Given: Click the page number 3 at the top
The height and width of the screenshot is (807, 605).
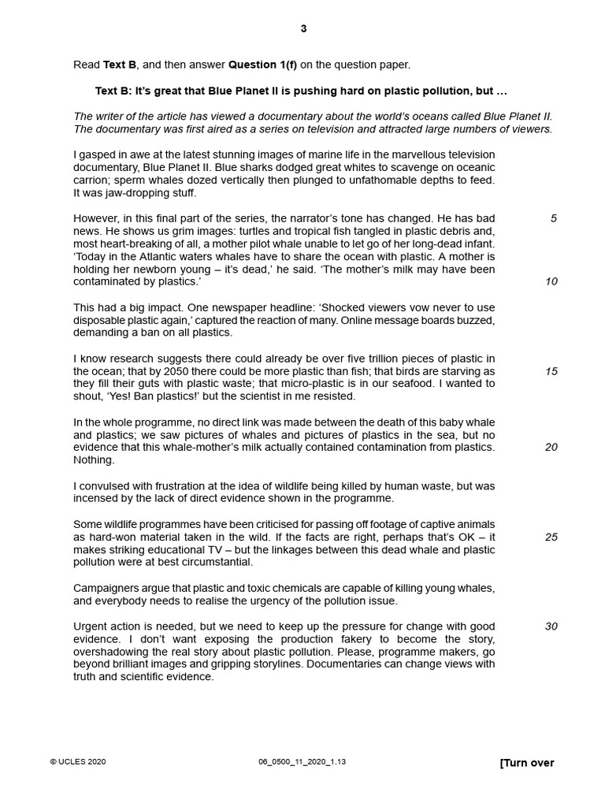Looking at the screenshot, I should tap(303, 29).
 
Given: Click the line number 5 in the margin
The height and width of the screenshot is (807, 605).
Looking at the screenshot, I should tap(553, 218).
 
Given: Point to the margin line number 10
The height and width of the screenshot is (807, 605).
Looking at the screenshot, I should tap(551, 281).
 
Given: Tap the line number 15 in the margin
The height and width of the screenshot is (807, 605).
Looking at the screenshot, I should tap(551, 371).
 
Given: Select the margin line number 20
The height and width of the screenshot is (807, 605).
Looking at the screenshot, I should tap(551, 447).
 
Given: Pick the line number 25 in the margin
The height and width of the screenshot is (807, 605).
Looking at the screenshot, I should tap(551, 537).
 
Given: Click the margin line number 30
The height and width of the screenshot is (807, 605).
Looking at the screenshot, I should tap(551, 627).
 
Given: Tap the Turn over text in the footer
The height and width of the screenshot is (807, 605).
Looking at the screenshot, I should tap(527, 763).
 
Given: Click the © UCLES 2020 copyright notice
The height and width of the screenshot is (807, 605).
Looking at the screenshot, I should tap(77, 762).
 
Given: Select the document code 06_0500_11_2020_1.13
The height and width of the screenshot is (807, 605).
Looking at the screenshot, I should tap(302, 762).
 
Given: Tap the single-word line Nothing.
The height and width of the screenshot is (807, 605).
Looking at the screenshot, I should tap(94, 459).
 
